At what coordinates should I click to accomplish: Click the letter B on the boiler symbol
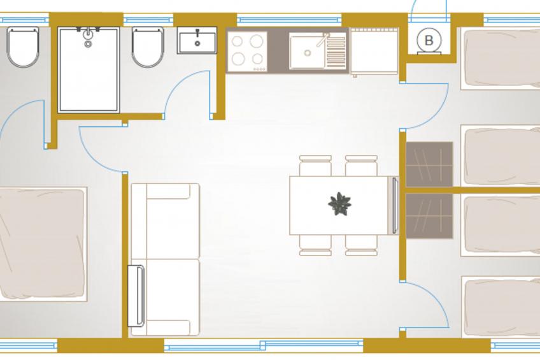point(429,40)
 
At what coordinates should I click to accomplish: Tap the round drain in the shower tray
point(88,44)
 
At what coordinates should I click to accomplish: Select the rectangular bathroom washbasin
point(197,40)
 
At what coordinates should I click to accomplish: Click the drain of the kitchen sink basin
point(308,53)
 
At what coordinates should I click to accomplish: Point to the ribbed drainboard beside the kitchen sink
point(336,51)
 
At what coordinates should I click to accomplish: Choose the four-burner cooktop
point(247,52)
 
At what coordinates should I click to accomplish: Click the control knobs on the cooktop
point(260,69)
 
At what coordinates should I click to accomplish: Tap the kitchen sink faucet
point(323,40)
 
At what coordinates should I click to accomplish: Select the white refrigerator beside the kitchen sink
point(374,51)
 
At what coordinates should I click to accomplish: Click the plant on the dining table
point(339,204)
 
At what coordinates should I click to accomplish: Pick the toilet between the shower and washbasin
point(148,47)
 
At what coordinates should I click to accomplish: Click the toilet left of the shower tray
point(23,47)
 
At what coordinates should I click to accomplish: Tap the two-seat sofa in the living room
point(166,259)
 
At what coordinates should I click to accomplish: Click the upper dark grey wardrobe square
point(429,164)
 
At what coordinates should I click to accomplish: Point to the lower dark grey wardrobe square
point(429,216)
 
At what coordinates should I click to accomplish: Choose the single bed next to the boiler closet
point(500,59)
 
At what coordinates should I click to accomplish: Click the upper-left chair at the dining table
point(315,166)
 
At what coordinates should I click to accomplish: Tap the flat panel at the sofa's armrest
point(136,296)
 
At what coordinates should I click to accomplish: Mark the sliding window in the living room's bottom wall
point(264,345)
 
